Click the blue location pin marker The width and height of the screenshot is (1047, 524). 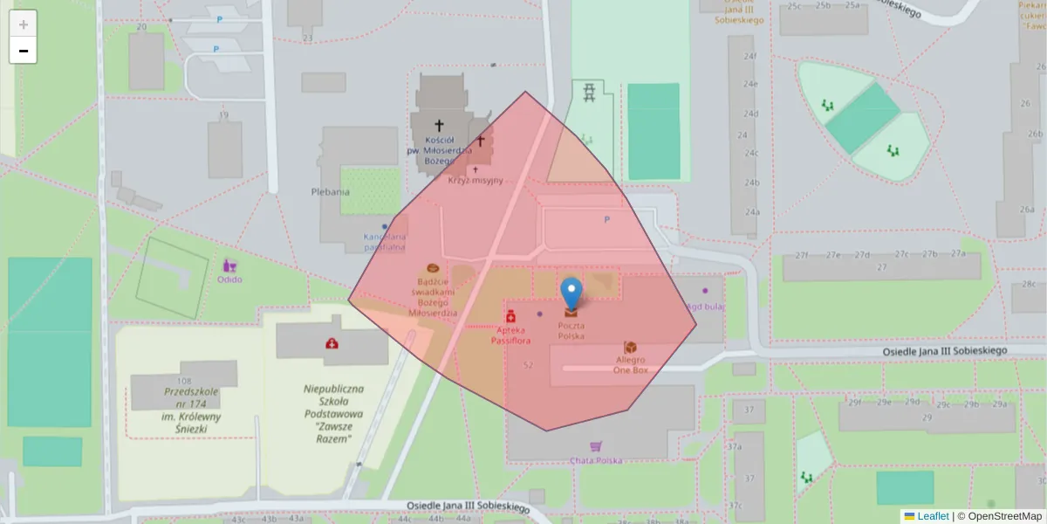(x=571, y=293)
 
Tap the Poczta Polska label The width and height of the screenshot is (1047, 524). (x=571, y=330)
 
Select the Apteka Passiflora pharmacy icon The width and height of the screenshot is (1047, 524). (x=510, y=315)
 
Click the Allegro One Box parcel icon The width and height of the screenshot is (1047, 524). (x=630, y=347)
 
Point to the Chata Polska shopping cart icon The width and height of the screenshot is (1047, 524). (x=596, y=446)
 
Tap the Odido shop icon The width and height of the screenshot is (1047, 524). (x=230, y=265)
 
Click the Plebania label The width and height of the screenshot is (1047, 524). (x=330, y=191)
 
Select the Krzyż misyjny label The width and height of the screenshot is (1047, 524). (x=476, y=181)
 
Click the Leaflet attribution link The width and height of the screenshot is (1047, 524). (x=932, y=516)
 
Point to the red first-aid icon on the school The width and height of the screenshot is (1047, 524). (x=332, y=343)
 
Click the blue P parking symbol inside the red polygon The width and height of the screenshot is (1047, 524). (x=607, y=219)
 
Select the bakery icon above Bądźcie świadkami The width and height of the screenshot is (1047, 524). (x=432, y=268)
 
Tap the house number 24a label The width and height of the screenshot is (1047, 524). (x=751, y=212)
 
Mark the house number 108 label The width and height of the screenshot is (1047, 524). (x=183, y=381)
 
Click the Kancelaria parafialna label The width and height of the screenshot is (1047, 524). (x=384, y=242)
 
